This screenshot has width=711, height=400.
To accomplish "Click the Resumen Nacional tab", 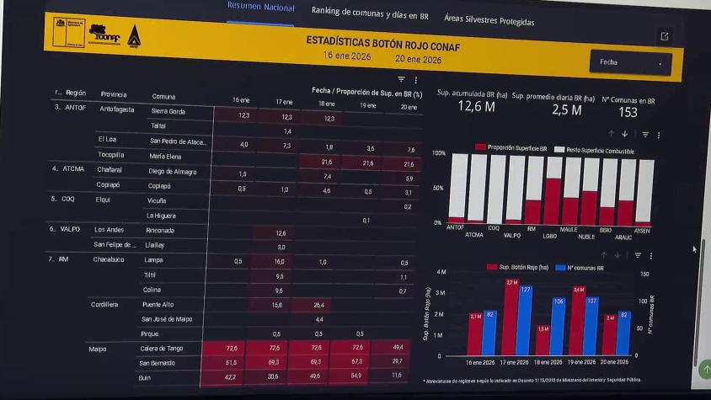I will point(261,8).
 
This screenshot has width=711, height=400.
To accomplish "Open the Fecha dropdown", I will point(631,62).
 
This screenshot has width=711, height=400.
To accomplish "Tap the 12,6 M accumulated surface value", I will point(476,107).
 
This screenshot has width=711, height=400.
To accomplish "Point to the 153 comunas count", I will point(628,112).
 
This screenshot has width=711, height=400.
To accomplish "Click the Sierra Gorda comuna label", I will point(168,111).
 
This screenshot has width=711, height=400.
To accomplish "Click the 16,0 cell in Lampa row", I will point(280,261).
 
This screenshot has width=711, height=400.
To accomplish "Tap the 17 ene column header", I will point(285,102).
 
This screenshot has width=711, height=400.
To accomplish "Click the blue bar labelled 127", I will point(525,321).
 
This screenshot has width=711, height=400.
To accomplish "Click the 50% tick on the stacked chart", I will point(438,188).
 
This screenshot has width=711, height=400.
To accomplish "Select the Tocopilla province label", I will point(112,156).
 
